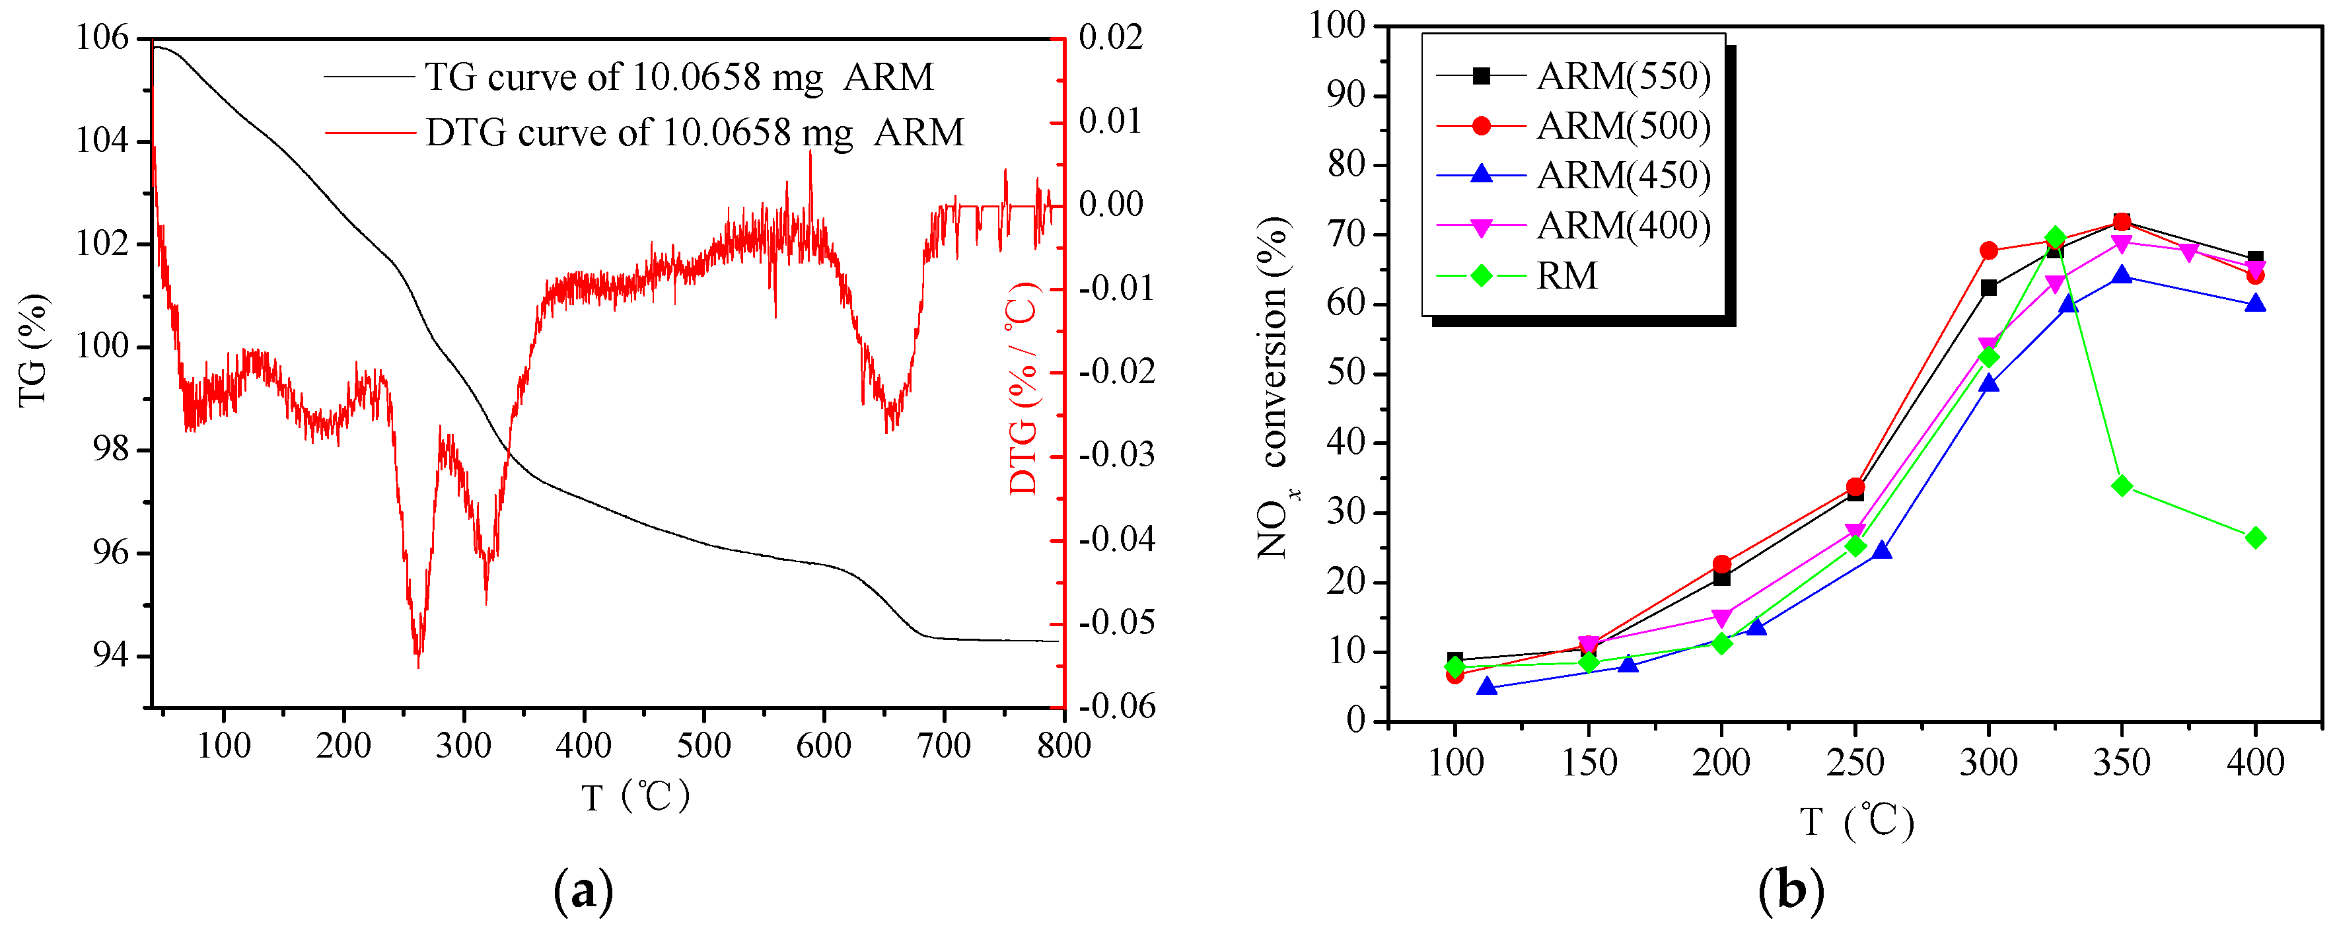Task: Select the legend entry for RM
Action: tap(1565, 275)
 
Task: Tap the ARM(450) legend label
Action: tap(1622, 176)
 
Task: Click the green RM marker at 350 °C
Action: tap(2121, 486)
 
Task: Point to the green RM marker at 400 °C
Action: tap(2255, 538)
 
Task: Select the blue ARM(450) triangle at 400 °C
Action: tap(2255, 304)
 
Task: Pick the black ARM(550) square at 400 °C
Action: tap(2255, 259)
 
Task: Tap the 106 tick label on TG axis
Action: tap(102, 38)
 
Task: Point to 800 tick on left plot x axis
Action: tap(1063, 746)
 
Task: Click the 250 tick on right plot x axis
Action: tap(1855, 762)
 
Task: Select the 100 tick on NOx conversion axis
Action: tap(1337, 24)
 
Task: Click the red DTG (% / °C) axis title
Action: tap(1023, 388)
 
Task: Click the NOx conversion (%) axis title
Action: tap(1274, 388)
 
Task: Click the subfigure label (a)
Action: tap(583, 891)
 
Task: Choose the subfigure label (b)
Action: tap(1790, 891)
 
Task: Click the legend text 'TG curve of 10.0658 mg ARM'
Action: tap(678, 77)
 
